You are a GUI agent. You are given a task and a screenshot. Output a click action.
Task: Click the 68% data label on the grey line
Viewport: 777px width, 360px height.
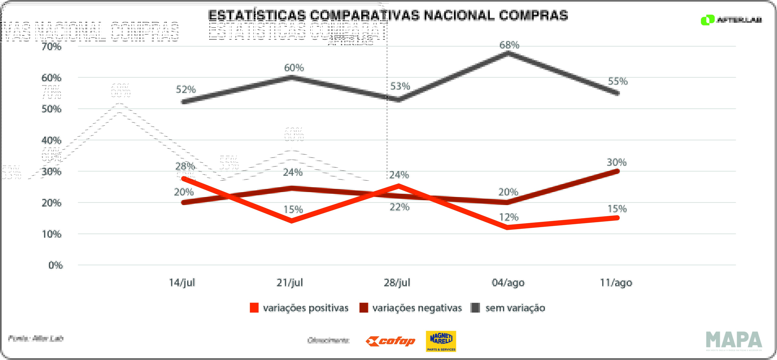point(509,45)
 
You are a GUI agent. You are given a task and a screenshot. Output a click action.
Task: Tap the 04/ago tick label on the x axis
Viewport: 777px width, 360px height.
point(508,282)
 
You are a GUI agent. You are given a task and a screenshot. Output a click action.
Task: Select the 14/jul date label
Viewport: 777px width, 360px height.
point(182,282)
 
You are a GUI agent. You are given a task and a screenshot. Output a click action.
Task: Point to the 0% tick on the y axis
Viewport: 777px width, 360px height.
point(56,265)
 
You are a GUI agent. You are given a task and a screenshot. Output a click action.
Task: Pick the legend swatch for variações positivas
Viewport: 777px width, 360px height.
point(254,307)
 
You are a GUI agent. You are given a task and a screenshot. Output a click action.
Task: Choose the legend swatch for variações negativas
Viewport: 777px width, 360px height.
point(364,307)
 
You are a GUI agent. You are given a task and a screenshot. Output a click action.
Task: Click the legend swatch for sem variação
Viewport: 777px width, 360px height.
point(475,307)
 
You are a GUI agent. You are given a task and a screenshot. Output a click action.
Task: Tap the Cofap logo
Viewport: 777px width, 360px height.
point(390,341)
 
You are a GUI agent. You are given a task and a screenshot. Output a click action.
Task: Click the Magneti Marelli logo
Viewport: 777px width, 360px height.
point(441,341)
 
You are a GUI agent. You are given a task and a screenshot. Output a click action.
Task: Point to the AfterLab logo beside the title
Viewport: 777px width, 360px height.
point(731,20)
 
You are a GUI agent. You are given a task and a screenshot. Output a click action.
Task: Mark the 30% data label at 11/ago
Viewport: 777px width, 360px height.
point(617,162)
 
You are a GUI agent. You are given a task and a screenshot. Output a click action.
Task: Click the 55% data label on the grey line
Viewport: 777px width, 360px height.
point(618,81)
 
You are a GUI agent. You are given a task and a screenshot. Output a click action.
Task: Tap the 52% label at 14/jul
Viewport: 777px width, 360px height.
point(186,89)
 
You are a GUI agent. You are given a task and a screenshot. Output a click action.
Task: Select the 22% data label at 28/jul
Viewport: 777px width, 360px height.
point(399,207)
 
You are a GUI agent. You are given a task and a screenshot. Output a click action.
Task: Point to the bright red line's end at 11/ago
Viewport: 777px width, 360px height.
point(617,218)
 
